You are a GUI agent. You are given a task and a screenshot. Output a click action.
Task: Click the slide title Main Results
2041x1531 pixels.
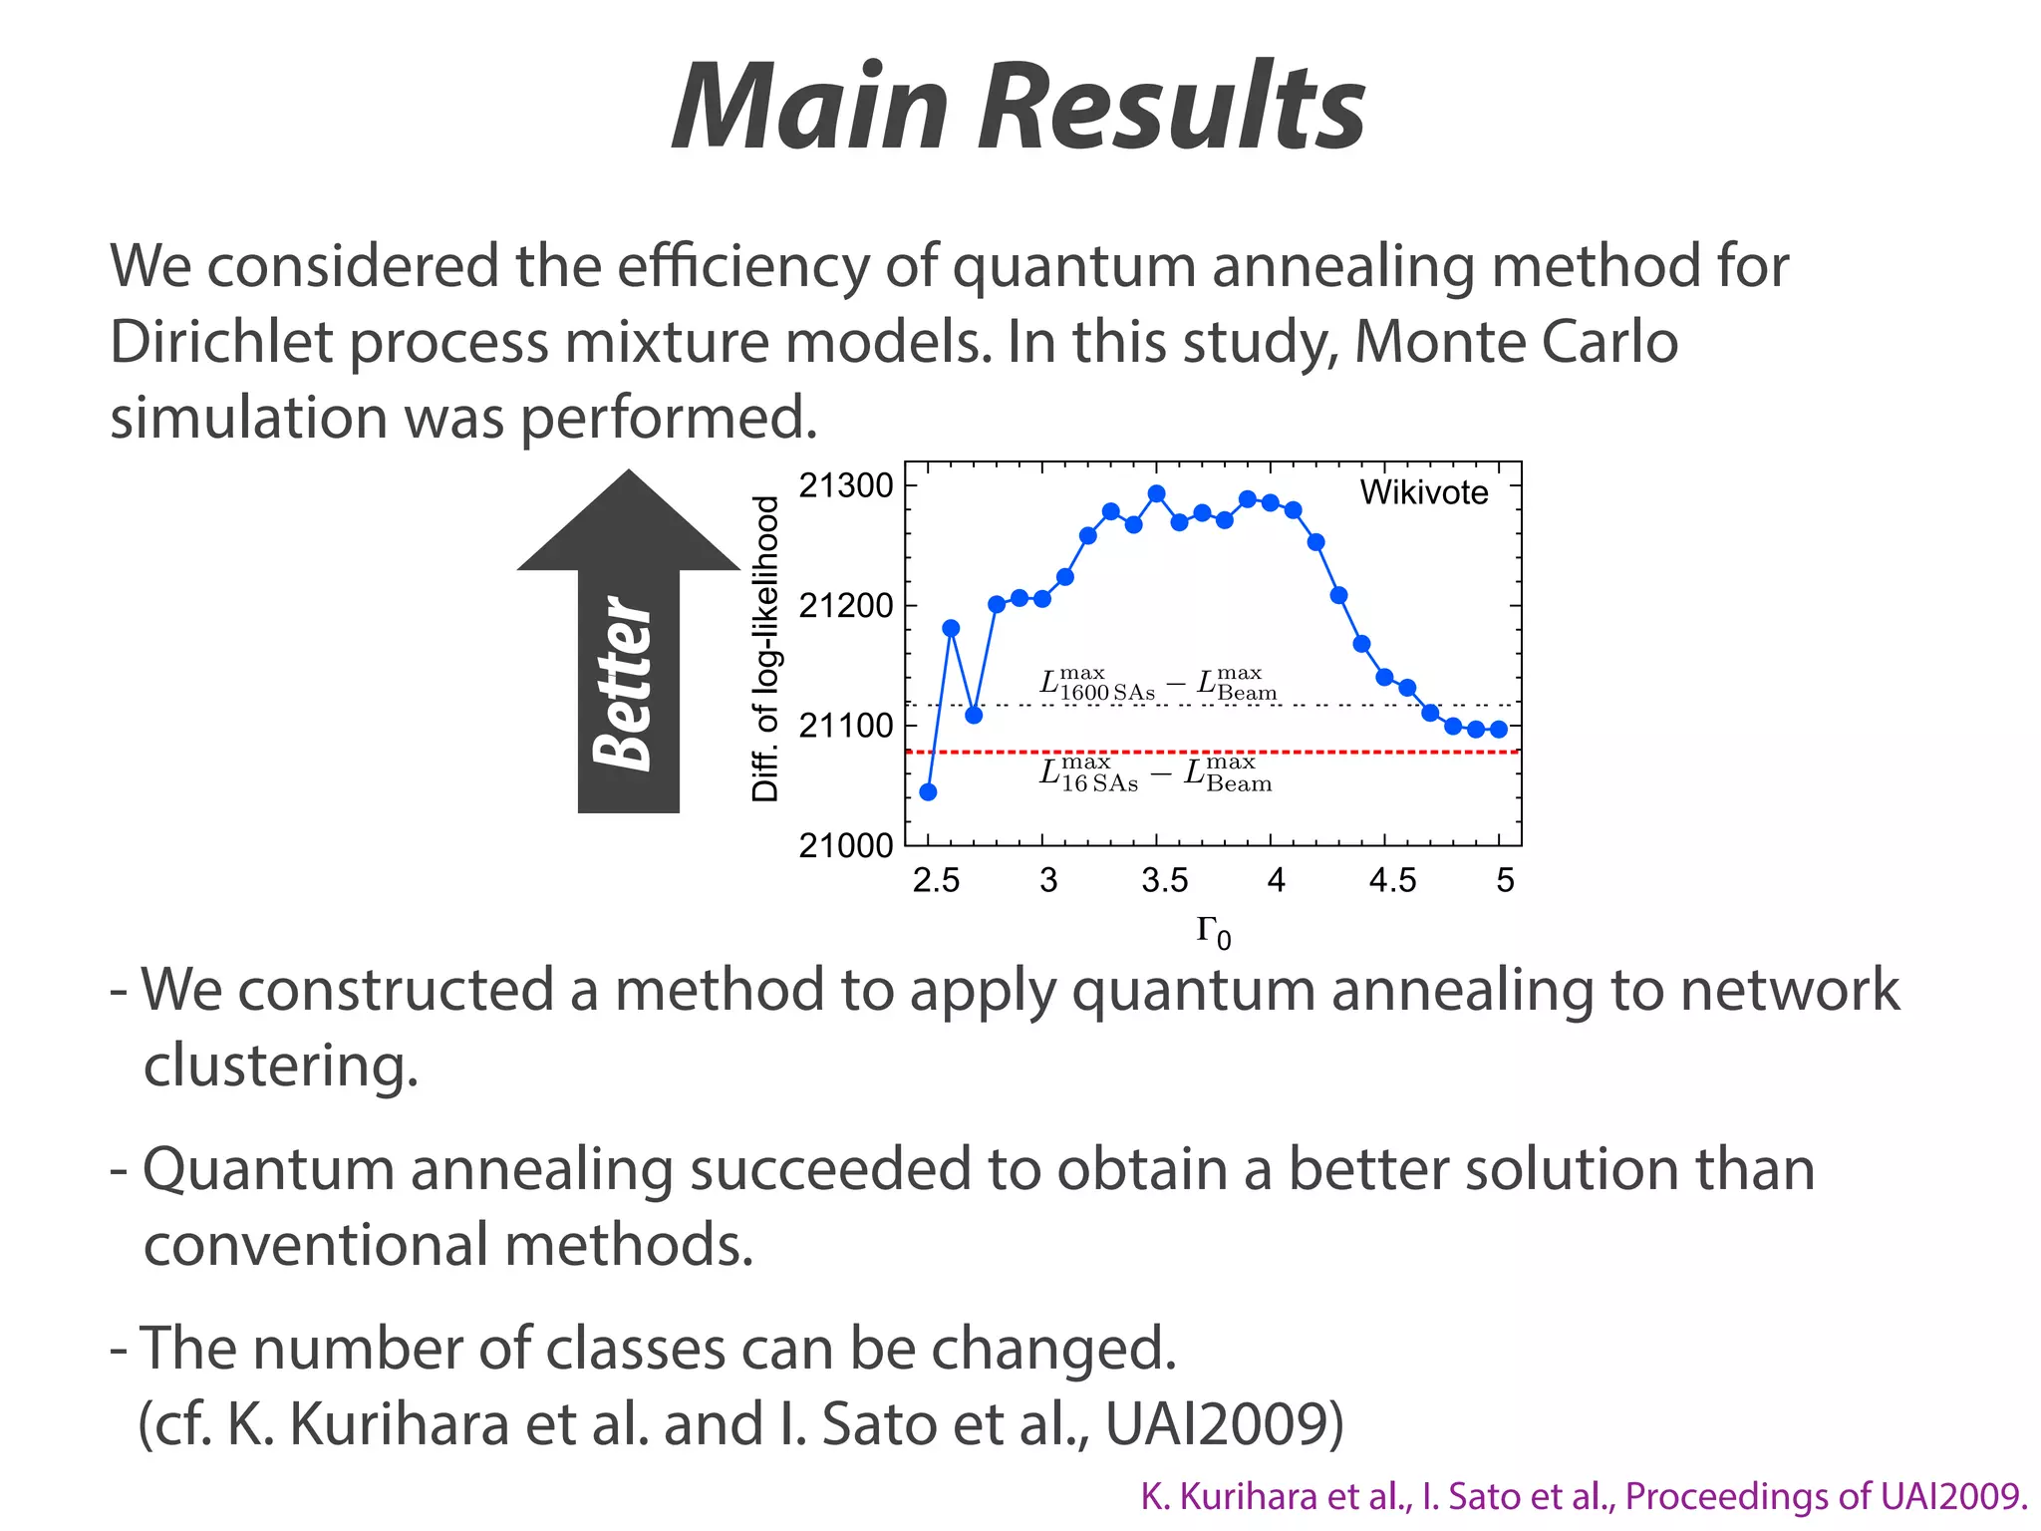point(1019,108)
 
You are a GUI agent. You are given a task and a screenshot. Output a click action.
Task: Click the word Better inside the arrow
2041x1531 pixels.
point(622,684)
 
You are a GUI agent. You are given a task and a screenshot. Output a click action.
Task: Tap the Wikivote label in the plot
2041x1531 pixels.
point(1423,492)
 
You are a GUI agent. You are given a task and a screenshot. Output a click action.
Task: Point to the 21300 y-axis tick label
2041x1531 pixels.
point(846,485)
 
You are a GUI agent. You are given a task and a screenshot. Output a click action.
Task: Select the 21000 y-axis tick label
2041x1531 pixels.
point(846,845)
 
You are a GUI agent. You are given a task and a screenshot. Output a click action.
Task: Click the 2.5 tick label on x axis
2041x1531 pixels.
point(936,880)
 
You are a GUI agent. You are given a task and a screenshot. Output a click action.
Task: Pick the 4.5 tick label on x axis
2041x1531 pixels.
point(1392,880)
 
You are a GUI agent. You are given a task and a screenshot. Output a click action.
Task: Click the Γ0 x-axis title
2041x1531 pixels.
point(1213,932)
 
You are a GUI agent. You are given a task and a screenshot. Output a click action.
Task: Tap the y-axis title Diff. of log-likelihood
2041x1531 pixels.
point(765,648)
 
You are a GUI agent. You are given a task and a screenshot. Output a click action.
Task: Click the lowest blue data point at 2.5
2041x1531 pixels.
point(928,792)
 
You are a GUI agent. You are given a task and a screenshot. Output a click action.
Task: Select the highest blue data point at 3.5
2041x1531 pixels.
point(1156,493)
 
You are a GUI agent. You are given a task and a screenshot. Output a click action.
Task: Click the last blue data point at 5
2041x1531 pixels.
point(1499,730)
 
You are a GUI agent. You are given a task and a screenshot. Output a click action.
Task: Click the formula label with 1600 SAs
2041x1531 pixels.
point(1157,684)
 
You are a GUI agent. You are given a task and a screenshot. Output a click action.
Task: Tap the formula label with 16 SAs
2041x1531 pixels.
point(1155,773)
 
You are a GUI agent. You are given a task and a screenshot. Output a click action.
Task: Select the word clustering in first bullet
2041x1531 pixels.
point(280,1067)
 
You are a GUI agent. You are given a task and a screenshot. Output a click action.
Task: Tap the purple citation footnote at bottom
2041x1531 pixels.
point(1584,1496)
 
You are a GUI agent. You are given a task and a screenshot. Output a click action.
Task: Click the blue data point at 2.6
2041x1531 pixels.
point(951,628)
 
